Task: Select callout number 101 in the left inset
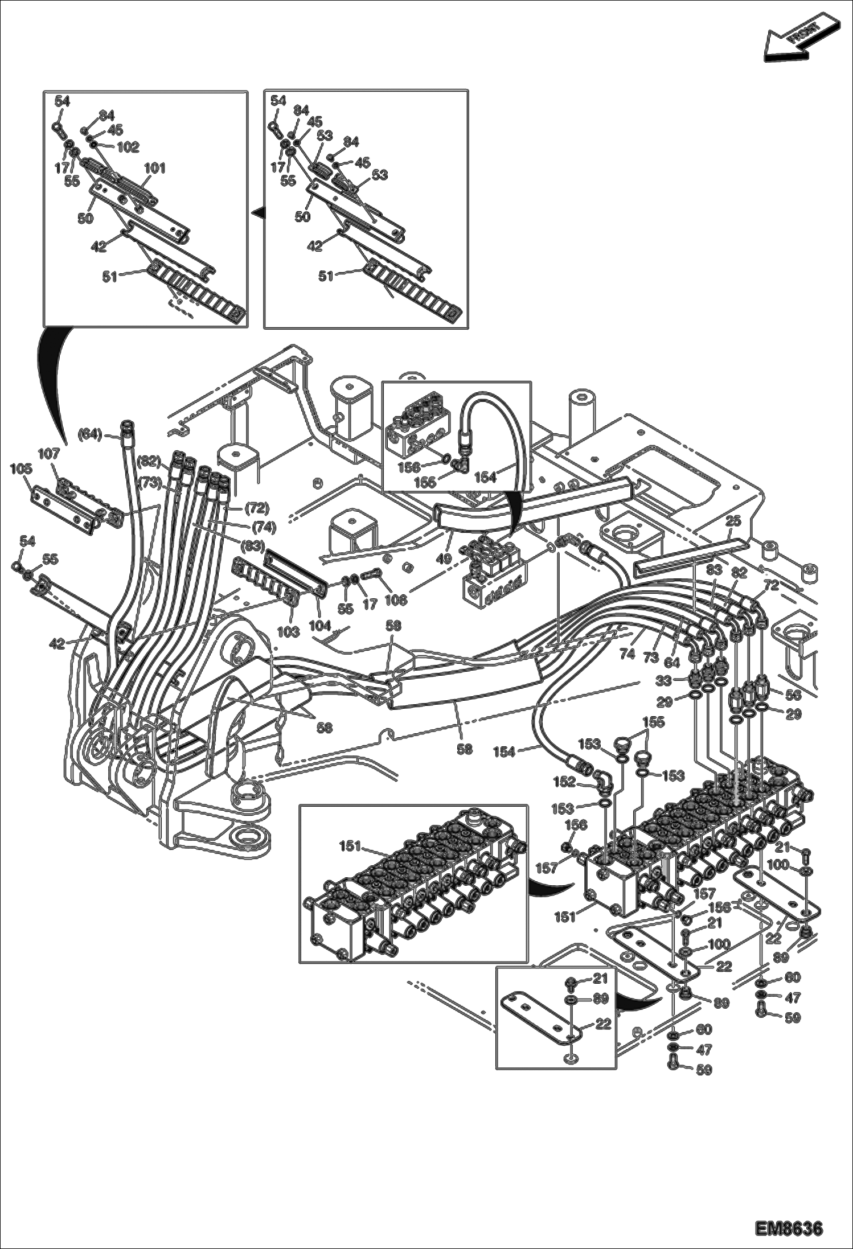pyautogui.click(x=154, y=168)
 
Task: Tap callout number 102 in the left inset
pyautogui.click(x=128, y=147)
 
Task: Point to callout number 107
pyautogui.click(x=49, y=454)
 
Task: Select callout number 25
pyautogui.click(x=733, y=521)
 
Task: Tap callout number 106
pyautogui.click(x=396, y=600)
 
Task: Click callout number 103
pyautogui.click(x=288, y=632)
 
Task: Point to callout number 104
pyautogui.click(x=320, y=625)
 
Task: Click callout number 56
pyautogui.click(x=793, y=695)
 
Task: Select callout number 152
pyautogui.click(x=564, y=782)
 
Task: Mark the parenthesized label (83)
pyautogui.click(x=253, y=546)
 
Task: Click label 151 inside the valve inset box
pyautogui.click(x=350, y=847)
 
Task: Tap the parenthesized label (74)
pyautogui.click(x=264, y=527)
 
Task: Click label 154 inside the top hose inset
pyautogui.click(x=485, y=477)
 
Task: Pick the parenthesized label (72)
pyautogui.click(x=257, y=507)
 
